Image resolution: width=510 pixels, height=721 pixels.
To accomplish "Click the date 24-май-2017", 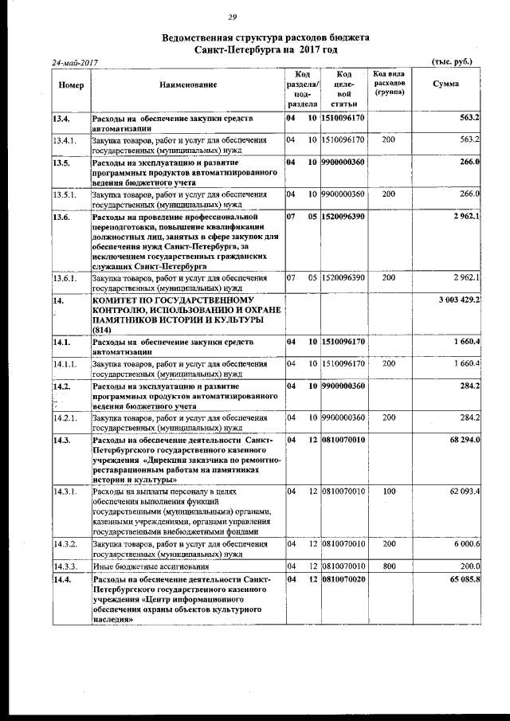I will click(x=74, y=63).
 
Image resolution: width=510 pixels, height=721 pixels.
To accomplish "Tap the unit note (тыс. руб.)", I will click(x=451, y=62).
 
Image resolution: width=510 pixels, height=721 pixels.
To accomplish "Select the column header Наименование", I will click(x=187, y=84).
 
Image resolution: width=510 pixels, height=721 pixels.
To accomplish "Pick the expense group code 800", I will click(x=388, y=565).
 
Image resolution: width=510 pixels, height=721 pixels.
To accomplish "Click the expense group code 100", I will click(x=388, y=491).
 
